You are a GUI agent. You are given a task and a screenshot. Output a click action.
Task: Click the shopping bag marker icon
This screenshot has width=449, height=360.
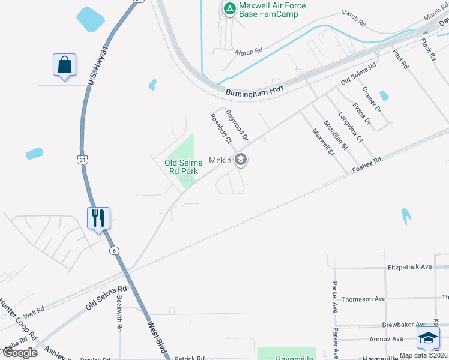(x=64, y=64)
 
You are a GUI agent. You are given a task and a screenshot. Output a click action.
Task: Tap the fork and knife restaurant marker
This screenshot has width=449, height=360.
(x=98, y=217)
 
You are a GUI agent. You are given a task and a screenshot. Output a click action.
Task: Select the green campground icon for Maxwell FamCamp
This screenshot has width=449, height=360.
(x=229, y=8)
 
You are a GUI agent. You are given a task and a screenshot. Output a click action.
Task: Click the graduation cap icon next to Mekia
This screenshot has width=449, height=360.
(x=241, y=160)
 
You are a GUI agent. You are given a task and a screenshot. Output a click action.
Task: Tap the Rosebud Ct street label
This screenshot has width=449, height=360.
(x=220, y=129)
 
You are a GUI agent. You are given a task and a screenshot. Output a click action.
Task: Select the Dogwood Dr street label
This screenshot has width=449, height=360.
(x=237, y=125)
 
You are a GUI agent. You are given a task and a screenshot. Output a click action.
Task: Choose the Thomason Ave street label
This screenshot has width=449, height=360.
(x=363, y=299)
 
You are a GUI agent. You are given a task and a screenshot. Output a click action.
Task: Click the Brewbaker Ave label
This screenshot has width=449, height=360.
(x=404, y=324)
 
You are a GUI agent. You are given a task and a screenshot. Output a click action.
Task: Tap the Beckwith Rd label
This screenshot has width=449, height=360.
(x=119, y=314)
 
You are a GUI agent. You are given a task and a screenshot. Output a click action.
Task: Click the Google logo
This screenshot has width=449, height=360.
(x=19, y=352)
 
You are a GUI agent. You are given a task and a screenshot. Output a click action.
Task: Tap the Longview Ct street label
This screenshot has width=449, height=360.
(x=351, y=127)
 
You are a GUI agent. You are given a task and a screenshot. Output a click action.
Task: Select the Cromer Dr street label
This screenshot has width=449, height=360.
(x=371, y=99)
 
